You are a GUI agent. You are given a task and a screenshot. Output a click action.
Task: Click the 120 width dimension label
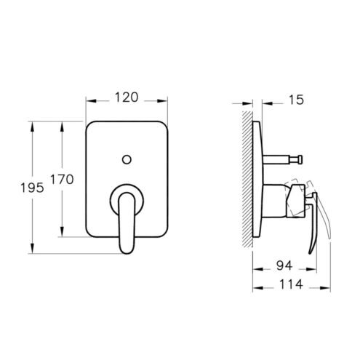pos(127,97)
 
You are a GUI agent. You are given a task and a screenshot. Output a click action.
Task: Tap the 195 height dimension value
pos(32,188)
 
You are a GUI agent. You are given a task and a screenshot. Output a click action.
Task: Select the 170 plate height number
pos(62,180)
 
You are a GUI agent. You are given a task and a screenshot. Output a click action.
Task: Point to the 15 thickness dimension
pos(296,100)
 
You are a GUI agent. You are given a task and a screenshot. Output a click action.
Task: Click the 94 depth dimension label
pos(284,265)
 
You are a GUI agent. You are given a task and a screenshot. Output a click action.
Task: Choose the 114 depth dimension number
pos(291,284)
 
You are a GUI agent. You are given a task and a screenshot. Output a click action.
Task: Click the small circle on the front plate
pos(127,160)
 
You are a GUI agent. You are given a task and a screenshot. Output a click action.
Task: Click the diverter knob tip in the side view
pos(300,159)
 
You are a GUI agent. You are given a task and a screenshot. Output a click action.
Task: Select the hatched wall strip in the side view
pos(247,179)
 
